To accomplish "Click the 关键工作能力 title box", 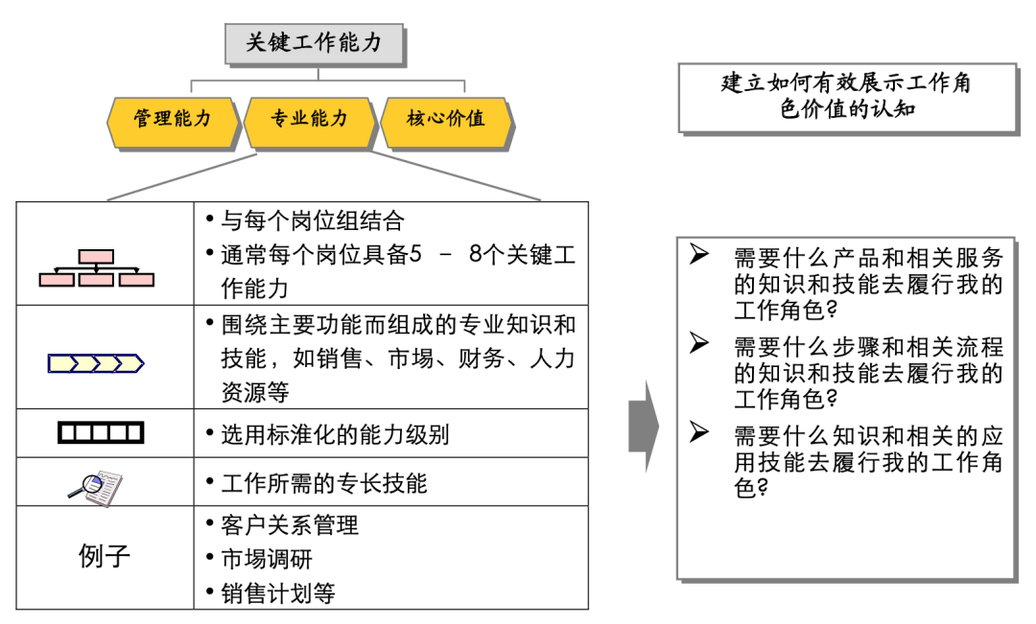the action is [x=314, y=43].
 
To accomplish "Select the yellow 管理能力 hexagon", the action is [x=173, y=119].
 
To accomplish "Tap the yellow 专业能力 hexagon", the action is [x=309, y=119].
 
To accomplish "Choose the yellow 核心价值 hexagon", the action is [x=446, y=119].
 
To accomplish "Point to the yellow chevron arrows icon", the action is [x=96, y=363].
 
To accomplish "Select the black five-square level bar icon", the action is [x=101, y=433].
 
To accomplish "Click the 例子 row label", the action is [x=104, y=556].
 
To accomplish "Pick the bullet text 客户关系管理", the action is [x=289, y=525].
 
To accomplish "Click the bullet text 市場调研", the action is [x=266, y=559].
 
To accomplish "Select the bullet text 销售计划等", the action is [x=277, y=593].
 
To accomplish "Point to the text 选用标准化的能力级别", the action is [x=335, y=435].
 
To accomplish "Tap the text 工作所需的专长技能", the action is [x=323, y=483].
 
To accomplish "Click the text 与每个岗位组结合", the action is [x=312, y=221].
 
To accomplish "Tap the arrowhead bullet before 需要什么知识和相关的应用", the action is [x=699, y=432].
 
